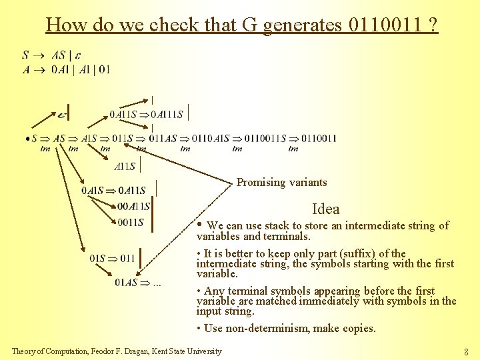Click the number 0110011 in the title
tap(385, 25)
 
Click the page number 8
tap(467, 351)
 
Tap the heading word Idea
tap(325, 209)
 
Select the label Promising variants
tap(282, 182)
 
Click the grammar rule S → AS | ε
tap(56, 55)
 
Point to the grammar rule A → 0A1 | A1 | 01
tap(66, 69)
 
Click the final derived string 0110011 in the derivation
tap(319, 139)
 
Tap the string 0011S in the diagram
tap(131, 223)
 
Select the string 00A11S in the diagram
tap(133, 207)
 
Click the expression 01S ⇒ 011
tap(112, 259)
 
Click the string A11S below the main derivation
tap(126, 167)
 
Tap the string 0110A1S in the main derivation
tap(211, 139)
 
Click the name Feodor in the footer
tap(125, 351)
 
